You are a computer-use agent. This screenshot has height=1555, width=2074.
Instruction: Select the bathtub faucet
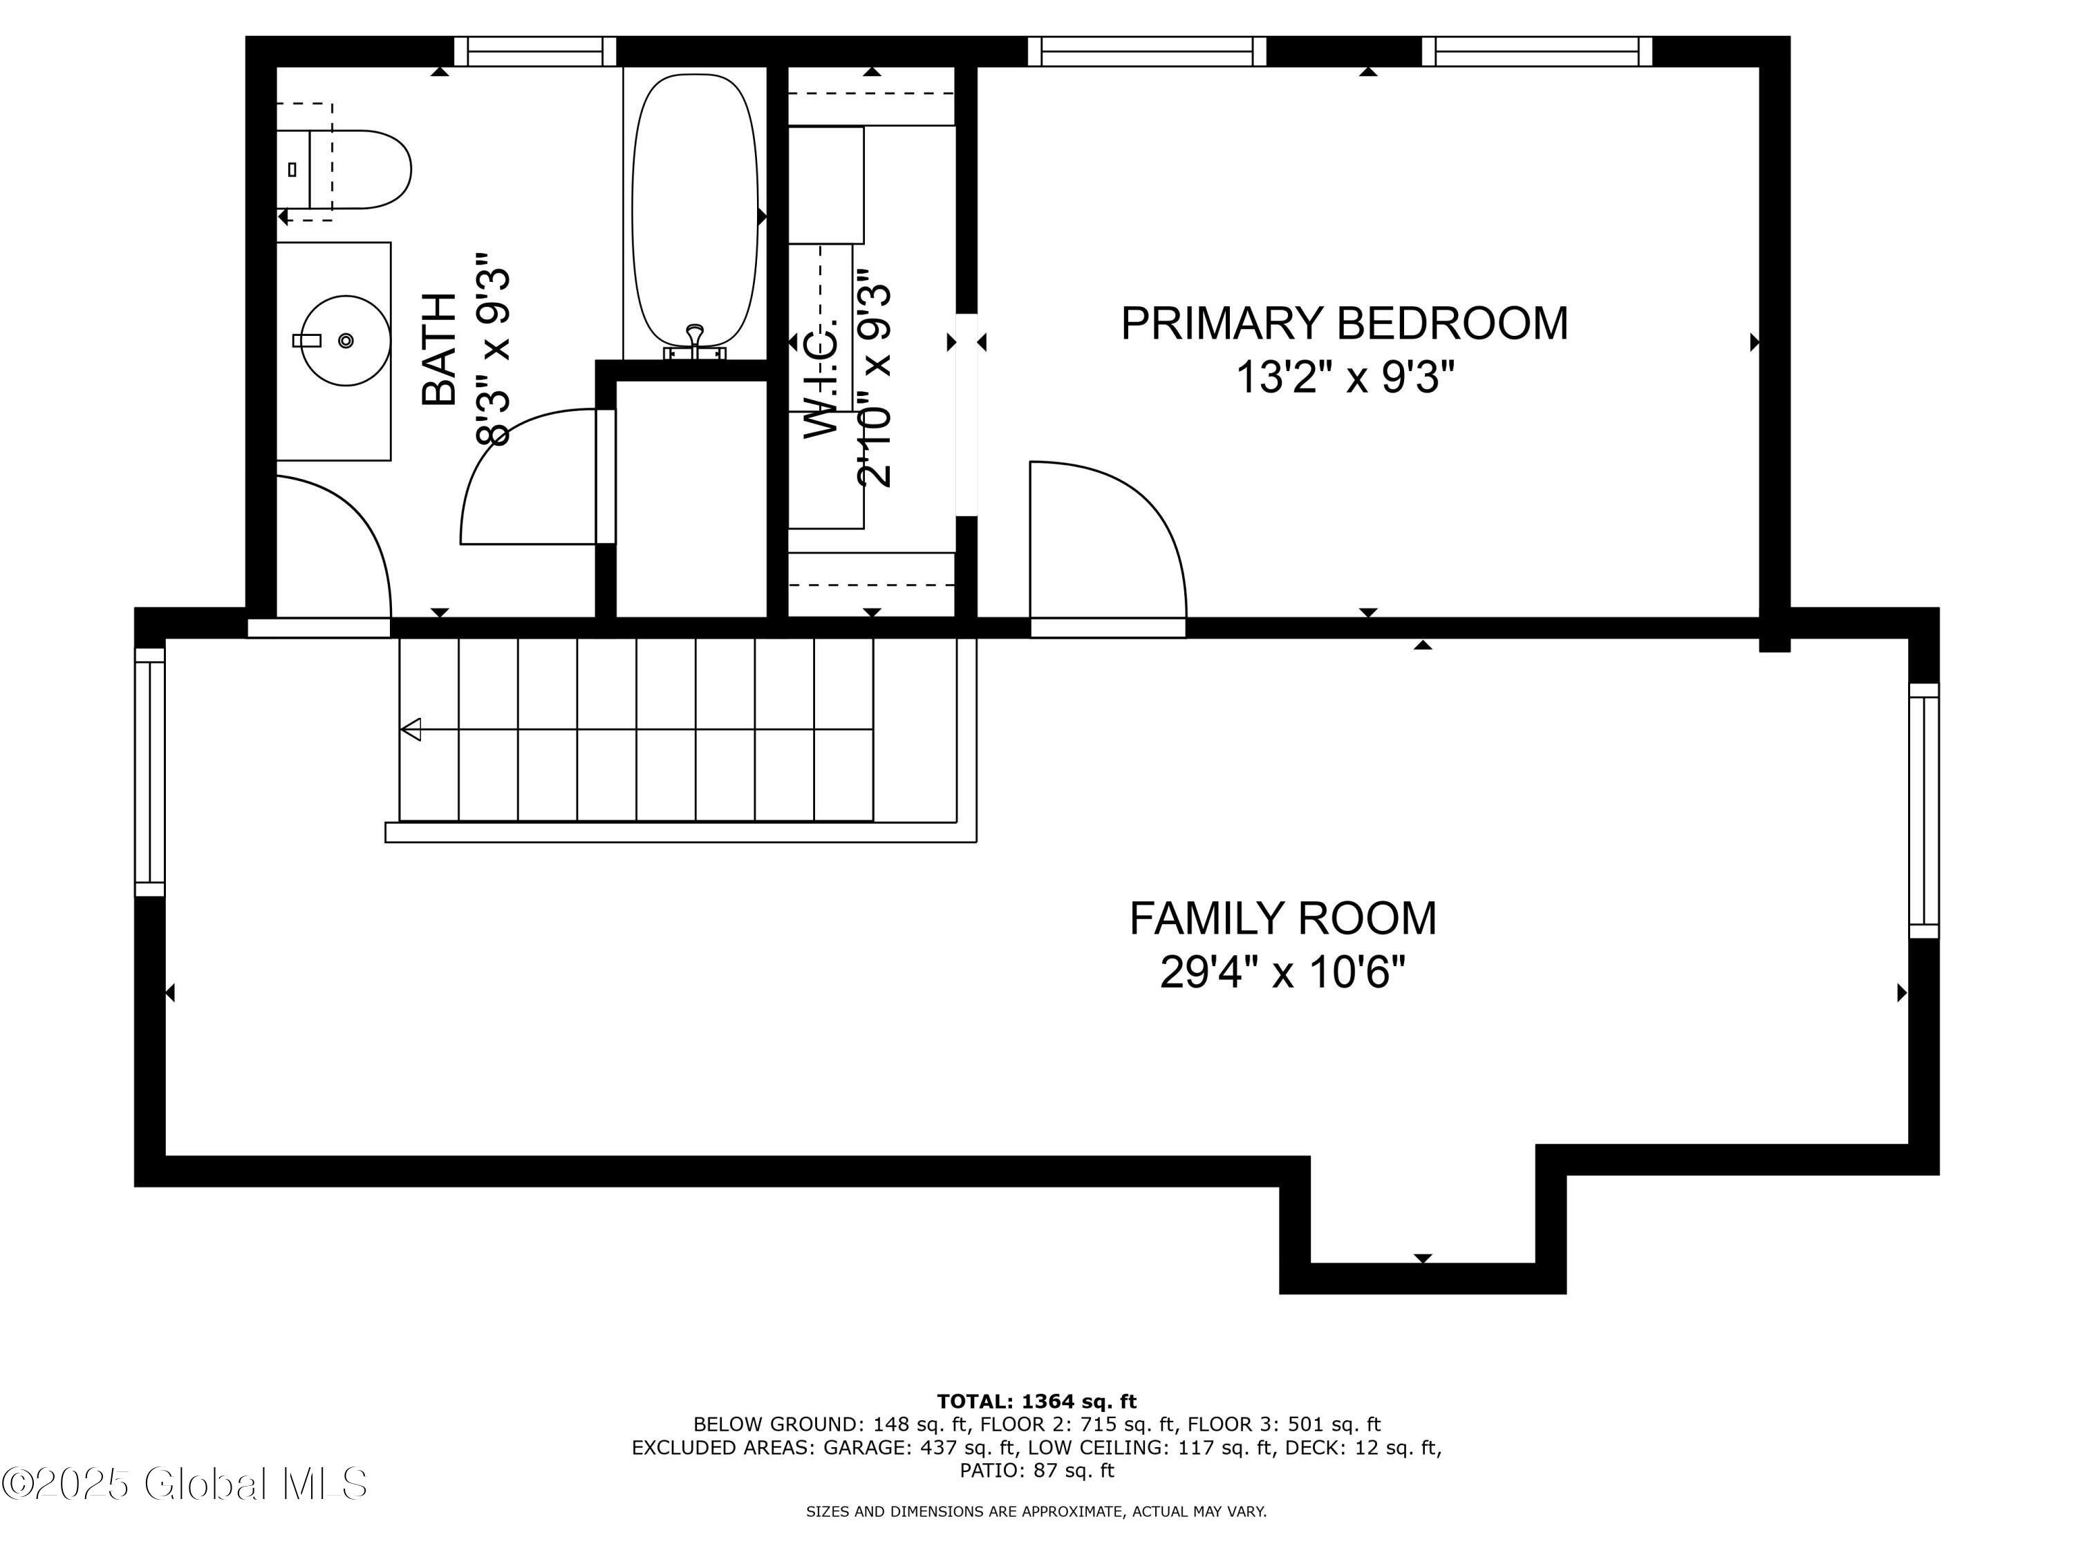pyautogui.click(x=695, y=342)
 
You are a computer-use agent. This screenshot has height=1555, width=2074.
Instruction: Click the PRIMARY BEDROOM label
pyautogui.click(x=1343, y=323)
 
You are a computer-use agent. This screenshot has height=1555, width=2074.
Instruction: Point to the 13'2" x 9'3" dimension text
pyautogui.click(x=1343, y=379)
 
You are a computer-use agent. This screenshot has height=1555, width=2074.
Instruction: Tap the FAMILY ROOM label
pyautogui.click(x=1282, y=918)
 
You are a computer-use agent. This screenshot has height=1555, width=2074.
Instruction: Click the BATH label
pyautogui.click(x=439, y=349)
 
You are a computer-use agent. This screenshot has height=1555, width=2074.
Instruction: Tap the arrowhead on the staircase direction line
pyautogui.click(x=411, y=729)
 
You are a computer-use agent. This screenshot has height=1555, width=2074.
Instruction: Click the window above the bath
pyautogui.click(x=534, y=52)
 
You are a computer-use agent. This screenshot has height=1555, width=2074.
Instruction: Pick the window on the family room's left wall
pyautogui.click(x=150, y=771)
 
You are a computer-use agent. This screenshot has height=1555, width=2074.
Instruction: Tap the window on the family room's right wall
pyautogui.click(x=1923, y=811)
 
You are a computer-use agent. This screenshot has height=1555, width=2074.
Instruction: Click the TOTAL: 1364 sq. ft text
pyautogui.click(x=1036, y=1402)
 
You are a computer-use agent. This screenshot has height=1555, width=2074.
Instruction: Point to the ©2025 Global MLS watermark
pyautogui.click(x=185, y=1484)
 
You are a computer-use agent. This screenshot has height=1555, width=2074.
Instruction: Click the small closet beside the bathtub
pyautogui.click(x=691, y=497)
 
